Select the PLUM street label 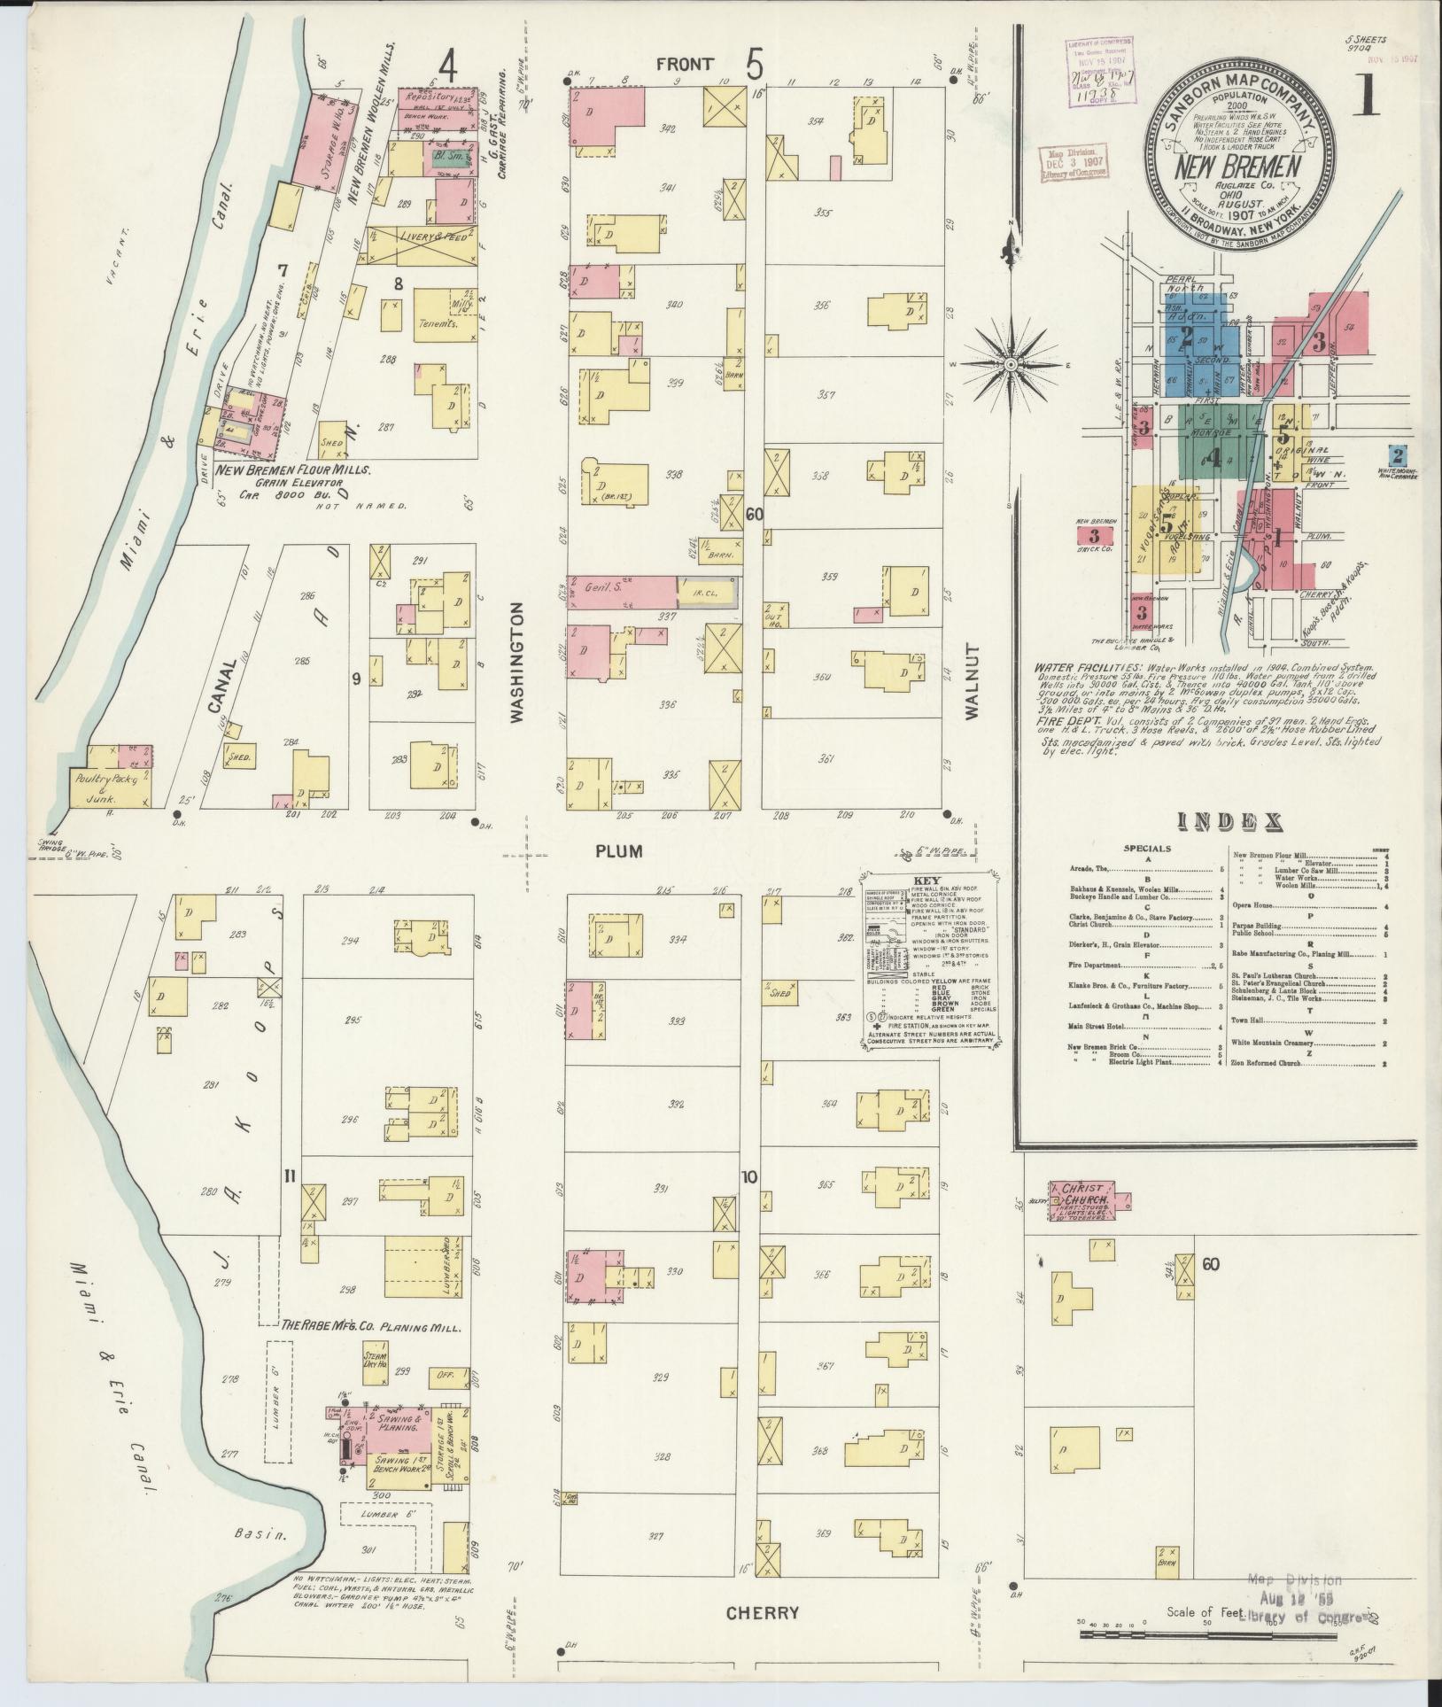[619, 851]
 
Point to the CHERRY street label [762, 1612]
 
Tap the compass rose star [1010, 365]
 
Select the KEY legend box [929, 959]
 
